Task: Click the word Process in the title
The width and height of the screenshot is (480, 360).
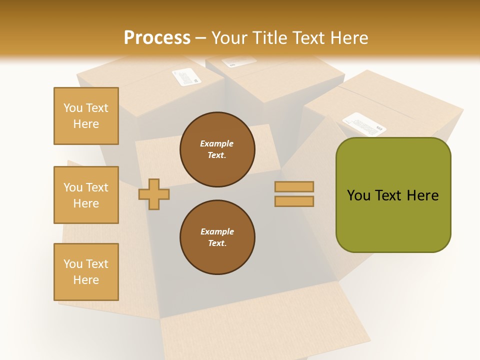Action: (x=157, y=38)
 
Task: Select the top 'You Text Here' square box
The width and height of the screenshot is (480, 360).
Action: (x=86, y=116)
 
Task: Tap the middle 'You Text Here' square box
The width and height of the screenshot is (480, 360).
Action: (x=86, y=195)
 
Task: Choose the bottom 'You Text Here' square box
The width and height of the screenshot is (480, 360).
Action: (x=86, y=272)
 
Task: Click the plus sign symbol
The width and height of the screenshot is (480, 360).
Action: (x=154, y=194)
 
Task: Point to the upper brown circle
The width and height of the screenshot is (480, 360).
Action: (x=217, y=149)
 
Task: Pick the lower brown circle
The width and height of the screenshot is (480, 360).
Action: (x=217, y=237)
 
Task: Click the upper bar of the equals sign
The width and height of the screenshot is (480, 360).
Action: (x=294, y=186)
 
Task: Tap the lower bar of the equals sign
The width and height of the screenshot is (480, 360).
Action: (x=294, y=201)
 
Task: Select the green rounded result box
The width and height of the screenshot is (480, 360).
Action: (x=393, y=195)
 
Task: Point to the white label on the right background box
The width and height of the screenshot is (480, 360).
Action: (x=364, y=124)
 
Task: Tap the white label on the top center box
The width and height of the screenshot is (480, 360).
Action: (x=232, y=62)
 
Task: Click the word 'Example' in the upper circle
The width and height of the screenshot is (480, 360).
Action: (x=216, y=143)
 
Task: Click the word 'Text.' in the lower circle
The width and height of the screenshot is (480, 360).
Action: (x=217, y=243)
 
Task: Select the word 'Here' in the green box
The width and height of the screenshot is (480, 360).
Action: (x=422, y=195)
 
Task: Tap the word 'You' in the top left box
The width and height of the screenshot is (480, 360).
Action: (x=72, y=108)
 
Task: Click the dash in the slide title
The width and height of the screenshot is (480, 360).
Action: (x=201, y=38)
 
